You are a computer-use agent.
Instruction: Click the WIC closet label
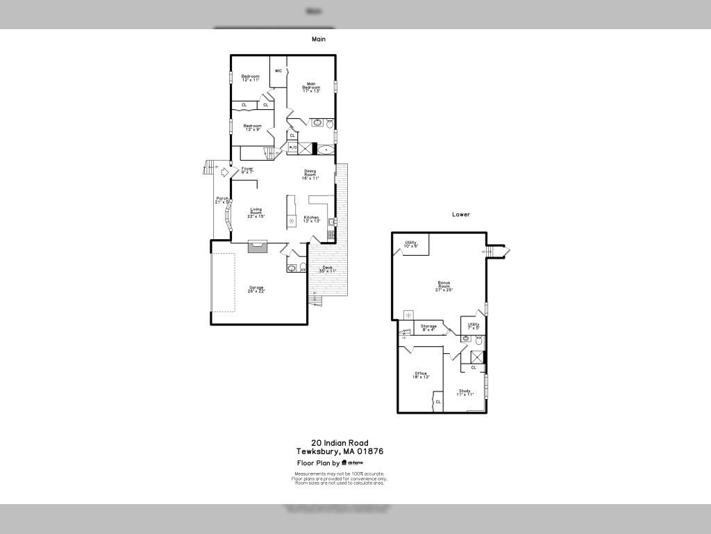(x=278, y=71)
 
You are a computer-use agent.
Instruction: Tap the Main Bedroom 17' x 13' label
(x=311, y=87)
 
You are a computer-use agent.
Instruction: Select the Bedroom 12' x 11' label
(x=250, y=78)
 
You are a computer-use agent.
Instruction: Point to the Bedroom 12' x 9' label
(x=252, y=127)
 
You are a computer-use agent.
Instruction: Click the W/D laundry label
(x=292, y=147)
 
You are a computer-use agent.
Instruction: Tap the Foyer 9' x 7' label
(x=247, y=170)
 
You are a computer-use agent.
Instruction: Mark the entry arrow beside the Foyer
(x=224, y=171)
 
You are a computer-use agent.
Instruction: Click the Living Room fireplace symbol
(x=258, y=245)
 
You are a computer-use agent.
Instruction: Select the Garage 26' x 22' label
(x=256, y=289)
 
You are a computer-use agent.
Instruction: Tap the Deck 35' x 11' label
(x=327, y=269)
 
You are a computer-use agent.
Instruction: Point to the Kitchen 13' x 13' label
(x=312, y=219)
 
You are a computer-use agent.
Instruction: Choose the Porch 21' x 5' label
(x=222, y=200)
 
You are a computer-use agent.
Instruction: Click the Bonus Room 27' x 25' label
(x=444, y=285)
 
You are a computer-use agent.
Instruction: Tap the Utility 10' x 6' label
(x=411, y=244)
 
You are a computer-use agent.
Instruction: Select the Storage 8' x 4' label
(x=428, y=327)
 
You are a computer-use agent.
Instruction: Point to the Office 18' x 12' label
(x=421, y=375)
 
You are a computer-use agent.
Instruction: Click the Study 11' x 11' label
(x=465, y=392)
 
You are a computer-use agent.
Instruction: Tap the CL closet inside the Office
(x=437, y=402)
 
